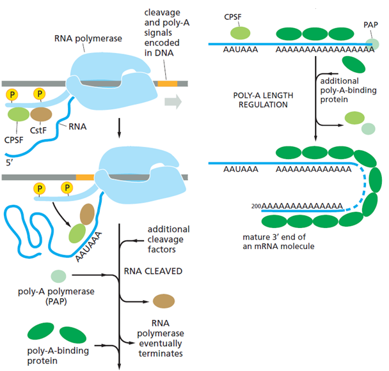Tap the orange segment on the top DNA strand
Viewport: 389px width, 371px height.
[167, 84]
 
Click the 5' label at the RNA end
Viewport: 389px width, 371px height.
[8, 162]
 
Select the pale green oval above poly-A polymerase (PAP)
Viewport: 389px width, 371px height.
[58, 276]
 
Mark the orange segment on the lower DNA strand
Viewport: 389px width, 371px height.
[84, 175]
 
